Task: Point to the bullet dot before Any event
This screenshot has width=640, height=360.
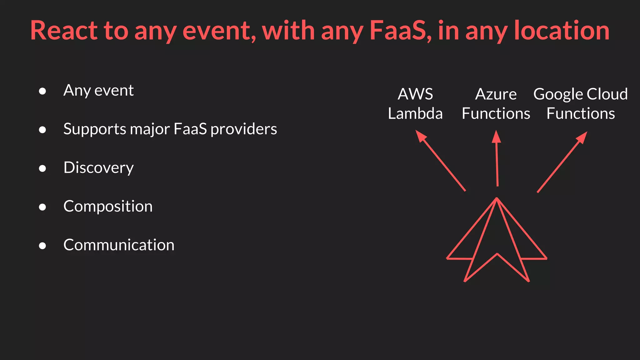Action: pos(42,91)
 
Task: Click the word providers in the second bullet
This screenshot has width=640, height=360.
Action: pos(243,129)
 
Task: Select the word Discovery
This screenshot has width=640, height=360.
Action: pos(98,168)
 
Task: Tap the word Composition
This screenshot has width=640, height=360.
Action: pos(108,206)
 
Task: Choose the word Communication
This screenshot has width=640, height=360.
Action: pos(119,245)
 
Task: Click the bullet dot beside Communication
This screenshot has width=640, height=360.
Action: pos(42,246)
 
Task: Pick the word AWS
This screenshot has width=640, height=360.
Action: pos(415,94)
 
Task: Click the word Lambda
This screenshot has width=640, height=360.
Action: pos(415,113)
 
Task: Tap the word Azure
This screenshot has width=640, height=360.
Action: pos(496,94)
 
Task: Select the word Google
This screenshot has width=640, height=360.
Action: pos(558,94)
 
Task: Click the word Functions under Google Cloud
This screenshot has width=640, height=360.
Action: pos(581,113)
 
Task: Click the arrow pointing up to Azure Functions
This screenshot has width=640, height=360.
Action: pos(497,159)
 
